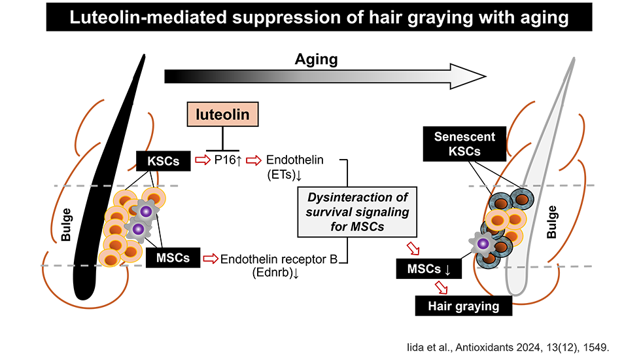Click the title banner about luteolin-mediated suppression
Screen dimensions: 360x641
point(320,18)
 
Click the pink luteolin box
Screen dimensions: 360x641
point(222,116)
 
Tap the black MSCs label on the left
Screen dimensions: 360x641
point(173,258)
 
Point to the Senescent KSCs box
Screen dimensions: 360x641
point(464,145)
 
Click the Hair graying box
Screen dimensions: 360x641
point(463,306)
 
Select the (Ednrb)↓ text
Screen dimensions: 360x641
point(275,273)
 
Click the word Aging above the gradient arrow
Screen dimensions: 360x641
point(315,60)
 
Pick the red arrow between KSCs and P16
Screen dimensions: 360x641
point(201,160)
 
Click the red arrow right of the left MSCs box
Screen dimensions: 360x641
point(211,259)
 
